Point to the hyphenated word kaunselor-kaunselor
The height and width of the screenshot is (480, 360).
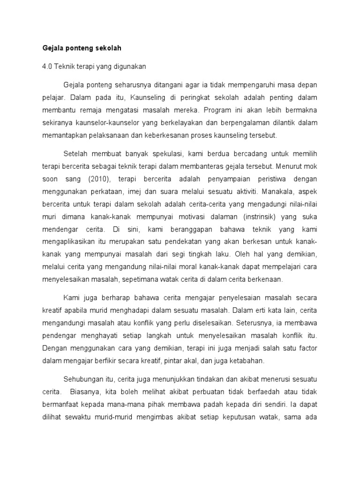pos(105,123)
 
